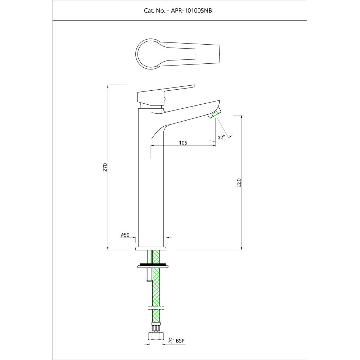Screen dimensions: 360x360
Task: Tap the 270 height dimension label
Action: coord(105,167)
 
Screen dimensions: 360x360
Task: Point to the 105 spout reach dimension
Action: coord(183,143)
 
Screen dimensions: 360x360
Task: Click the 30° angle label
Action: coord(221,138)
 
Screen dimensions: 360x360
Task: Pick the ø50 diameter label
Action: coord(125,235)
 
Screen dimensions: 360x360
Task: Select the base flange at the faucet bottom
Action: coord(151,248)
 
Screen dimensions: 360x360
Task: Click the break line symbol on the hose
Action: coord(156,309)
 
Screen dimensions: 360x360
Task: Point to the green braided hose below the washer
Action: coord(156,288)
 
